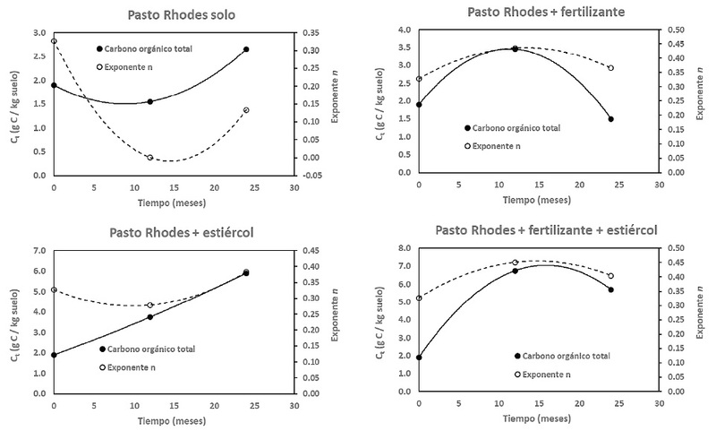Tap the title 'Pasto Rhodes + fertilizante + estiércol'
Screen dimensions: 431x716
(x=546, y=230)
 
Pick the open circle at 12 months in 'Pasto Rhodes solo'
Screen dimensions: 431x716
(x=150, y=158)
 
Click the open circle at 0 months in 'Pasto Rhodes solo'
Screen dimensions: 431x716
(x=54, y=41)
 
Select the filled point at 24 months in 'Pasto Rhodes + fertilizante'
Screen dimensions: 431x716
(x=611, y=119)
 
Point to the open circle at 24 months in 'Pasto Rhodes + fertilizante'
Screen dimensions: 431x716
(x=611, y=68)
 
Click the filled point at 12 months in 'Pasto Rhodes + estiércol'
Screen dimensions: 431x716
(x=150, y=316)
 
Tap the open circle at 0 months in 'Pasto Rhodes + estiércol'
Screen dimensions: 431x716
(x=54, y=289)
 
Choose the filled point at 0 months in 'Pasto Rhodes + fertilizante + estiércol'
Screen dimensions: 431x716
(x=419, y=358)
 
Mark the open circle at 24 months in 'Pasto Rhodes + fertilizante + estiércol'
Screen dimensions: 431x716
(x=611, y=276)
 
